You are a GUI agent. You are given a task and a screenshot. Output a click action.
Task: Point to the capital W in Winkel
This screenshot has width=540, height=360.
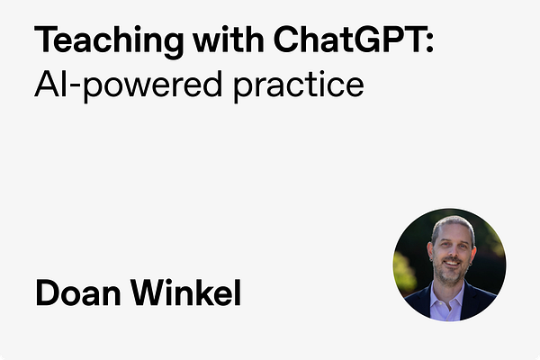tap(149, 293)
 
